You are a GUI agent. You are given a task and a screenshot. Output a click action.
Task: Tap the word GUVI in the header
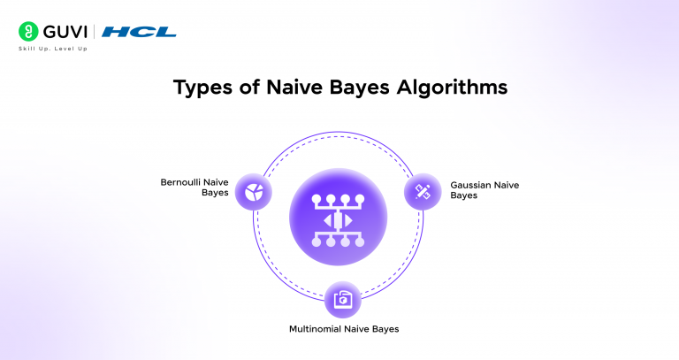tap(63, 32)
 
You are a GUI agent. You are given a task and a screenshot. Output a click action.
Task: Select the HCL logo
tap(139, 32)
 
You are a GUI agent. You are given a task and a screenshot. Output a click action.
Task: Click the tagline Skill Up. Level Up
tap(53, 49)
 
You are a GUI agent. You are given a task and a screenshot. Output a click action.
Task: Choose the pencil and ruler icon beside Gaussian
tap(423, 190)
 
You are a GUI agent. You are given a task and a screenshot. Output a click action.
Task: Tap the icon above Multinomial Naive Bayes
tap(340, 301)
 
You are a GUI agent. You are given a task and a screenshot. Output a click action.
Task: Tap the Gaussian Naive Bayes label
tap(484, 190)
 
